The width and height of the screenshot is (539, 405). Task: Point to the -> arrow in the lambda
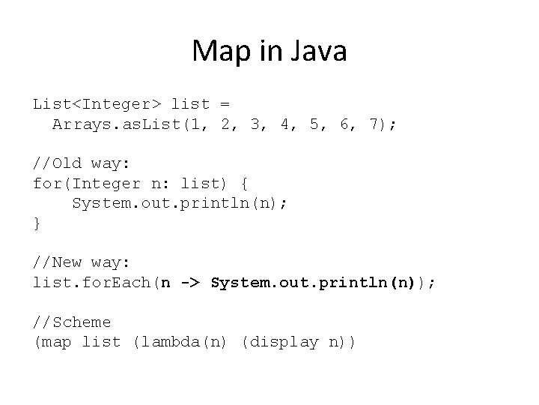tap(189, 283)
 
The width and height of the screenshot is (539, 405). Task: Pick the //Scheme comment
tap(72, 322)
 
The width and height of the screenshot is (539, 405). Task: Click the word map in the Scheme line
tap(57, 342)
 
